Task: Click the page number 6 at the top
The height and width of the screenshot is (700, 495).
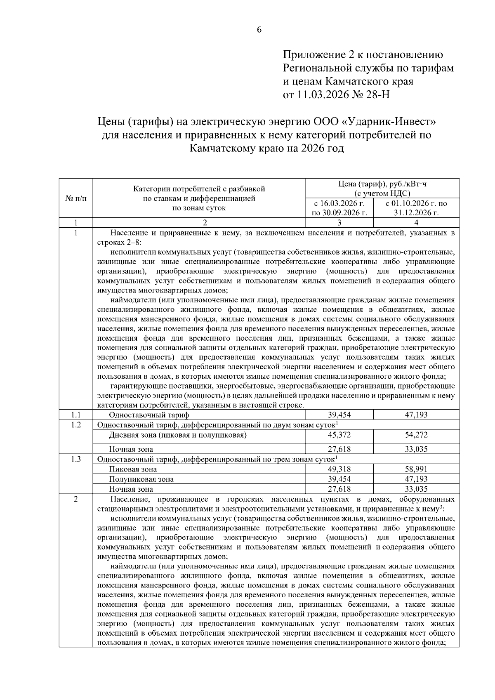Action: pyautogui.click(x=259, y=30)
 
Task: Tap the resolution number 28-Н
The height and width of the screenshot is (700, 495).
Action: pyautogui.click(x=378, y=95)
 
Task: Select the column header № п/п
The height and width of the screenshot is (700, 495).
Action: pyautogui.click(x=76, y=198)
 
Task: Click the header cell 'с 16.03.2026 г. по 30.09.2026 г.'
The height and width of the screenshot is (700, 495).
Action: pyautogui.click(x=339, y=208)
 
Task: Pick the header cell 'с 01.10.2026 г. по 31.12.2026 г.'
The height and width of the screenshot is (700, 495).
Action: pyautogui.click(x=416, y=208)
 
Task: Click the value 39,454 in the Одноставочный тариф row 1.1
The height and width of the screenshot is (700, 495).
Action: pyautogui.click(x=339, y=415)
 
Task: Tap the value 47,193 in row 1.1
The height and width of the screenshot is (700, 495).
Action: pyautogui.click(x=416, y=415)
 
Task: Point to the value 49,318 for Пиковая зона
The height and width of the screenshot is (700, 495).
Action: pyautogui.click(x=339, y=469)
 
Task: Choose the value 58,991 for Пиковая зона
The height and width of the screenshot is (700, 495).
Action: pyautogui.click(x=416, y=469)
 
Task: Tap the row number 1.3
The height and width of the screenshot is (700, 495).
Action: pyautogui.click(x=76, y=459)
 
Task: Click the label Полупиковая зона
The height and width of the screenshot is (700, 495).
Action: pyautogui.click(x=141, y=479)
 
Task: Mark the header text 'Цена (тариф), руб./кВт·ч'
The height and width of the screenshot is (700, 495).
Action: pyautogui.click(x=382, y=184)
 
